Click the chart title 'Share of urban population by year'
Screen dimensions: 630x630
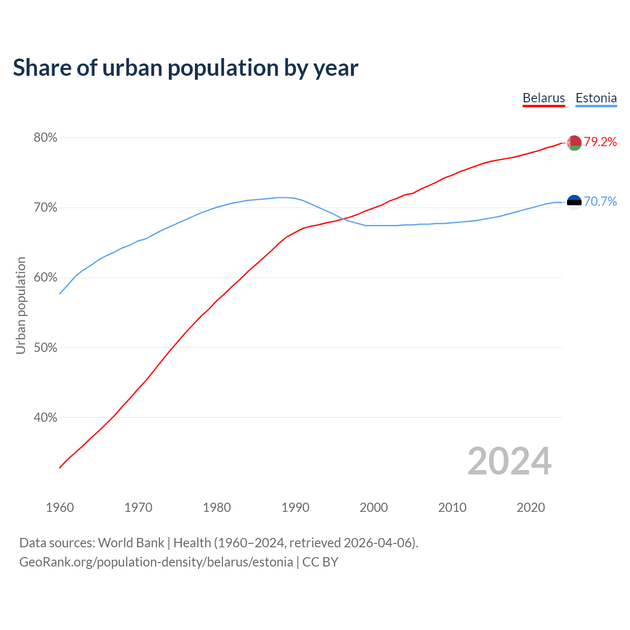click(185, 68)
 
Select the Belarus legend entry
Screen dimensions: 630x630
click(543, 98)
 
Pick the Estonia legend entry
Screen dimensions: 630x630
click(596, 98)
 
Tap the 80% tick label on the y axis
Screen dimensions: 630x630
click(45, 138)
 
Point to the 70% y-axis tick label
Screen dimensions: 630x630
click(45, 208)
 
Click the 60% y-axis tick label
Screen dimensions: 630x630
click(45, 278)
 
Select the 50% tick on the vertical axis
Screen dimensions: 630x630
click(45, 347)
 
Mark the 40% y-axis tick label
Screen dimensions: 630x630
click(45, 417)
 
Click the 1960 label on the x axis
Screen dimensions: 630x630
click(60, 507)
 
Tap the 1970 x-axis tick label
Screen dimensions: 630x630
click(138, 507)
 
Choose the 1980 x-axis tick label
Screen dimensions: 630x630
click(217, 507)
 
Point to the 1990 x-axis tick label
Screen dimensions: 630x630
click(295, 507)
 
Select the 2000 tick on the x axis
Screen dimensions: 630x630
click(374, 507)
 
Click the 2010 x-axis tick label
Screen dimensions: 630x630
click(452, 507)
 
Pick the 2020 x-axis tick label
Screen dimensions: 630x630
click(531, 507)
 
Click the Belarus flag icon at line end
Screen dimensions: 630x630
click(574, 143)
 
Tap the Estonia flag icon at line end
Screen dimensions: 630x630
click(574, 202)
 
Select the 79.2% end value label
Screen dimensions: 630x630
click(600, 142)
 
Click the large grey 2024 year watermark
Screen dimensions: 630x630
click(509, 461)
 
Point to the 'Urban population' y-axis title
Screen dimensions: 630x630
click(21, 305)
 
